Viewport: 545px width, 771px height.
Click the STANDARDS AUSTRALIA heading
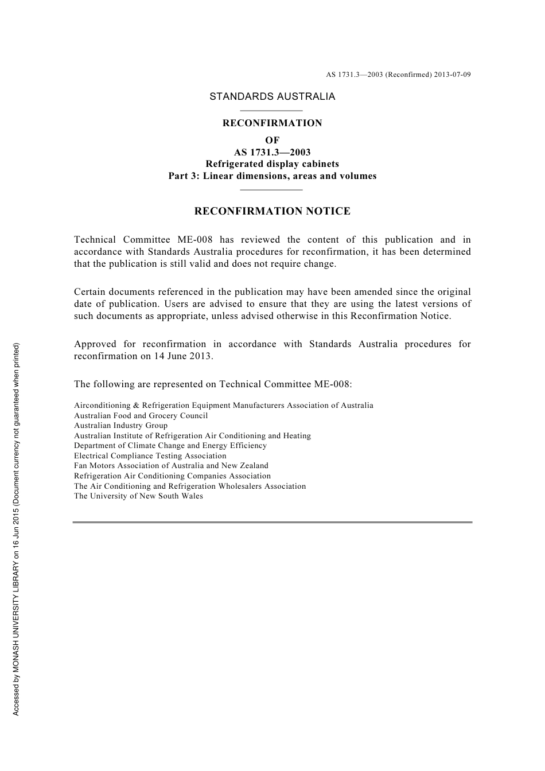tap(272, 96)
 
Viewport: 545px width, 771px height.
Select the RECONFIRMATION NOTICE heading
tap(272, 211)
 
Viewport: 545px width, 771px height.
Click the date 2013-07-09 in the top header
tap(452, 75)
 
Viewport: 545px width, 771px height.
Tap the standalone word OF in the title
tap(272, 140)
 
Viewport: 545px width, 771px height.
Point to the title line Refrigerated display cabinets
tap(272, 164)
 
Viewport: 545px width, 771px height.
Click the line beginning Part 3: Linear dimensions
tap(272, 176)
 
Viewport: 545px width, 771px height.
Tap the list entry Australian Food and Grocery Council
tap(141, 415)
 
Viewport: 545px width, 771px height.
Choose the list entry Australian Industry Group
tap(120, 426)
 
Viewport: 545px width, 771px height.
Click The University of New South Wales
tap(138, 496)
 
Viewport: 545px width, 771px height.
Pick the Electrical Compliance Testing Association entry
tap(150, 456)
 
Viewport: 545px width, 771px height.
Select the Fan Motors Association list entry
tap(171, 466)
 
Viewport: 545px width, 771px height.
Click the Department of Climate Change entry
tap(170, 446)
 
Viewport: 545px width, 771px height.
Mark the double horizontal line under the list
tap(272, 522)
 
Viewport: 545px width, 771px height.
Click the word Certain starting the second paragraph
tap(91, 292)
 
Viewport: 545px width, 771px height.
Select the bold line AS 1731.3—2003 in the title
tap(272, 152)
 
